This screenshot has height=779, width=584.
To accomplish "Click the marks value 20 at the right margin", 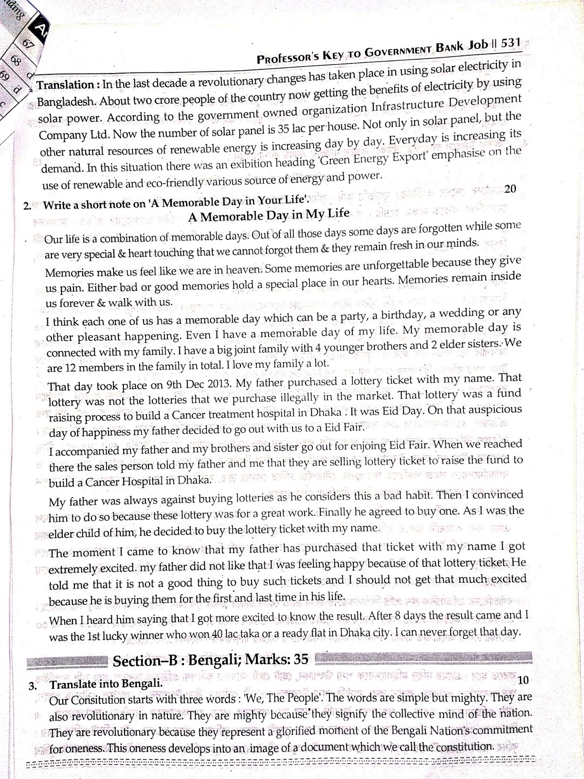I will pos(510,189).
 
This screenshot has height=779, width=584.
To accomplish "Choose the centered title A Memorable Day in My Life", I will pos(269,215).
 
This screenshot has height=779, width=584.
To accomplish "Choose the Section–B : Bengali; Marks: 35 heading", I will pos(211,660).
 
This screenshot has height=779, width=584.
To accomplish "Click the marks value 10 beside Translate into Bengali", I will pos(523,680).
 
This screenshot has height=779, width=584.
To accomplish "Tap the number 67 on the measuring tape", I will pos(28,44).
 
